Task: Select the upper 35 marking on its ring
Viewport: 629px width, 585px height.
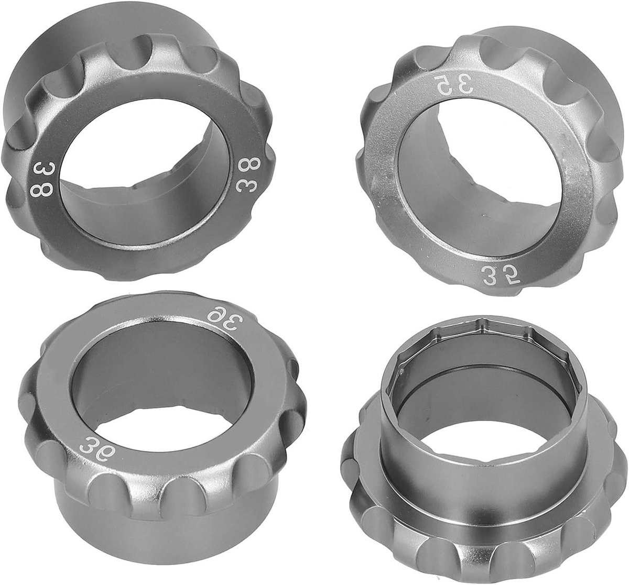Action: coord(444,86)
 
